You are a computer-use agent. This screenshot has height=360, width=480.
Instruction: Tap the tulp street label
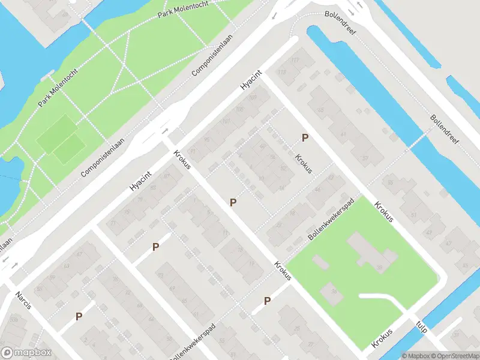point(422,326)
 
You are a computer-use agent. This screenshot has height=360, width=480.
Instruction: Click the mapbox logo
point(26,352)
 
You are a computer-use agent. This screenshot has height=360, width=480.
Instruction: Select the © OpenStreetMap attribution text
point(453,355)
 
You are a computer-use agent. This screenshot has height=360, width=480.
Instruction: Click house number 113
point(282,73)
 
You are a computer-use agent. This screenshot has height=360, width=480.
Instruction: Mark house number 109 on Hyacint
point(253,97)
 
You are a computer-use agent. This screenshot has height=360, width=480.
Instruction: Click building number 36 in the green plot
point(333,292)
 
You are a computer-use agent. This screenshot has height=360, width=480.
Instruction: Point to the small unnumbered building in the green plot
point(320,263)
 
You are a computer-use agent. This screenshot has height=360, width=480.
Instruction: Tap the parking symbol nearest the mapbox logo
point(79,316)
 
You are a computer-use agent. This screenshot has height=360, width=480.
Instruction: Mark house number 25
point(297,328)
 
